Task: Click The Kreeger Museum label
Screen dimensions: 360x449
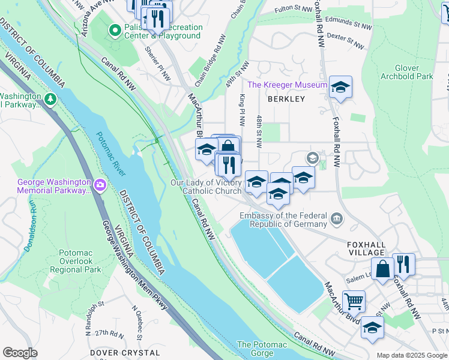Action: [x=286, y=85]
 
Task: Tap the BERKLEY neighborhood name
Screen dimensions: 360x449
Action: [x=286, y=98]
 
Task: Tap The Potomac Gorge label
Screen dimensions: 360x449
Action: [x=262, y=349]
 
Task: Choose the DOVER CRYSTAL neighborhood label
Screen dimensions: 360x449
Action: [x=125, y=353]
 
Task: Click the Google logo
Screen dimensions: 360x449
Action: [x=20, y=353]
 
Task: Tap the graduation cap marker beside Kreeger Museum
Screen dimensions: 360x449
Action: [x=340, y=88]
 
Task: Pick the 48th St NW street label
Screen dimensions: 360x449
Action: [x=259, y=132]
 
